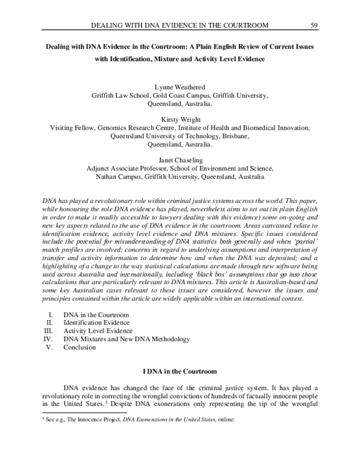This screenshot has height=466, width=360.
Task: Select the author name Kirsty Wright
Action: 179,120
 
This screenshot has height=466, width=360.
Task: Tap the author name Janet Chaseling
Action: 179,160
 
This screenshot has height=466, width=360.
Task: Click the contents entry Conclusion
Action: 79,347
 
